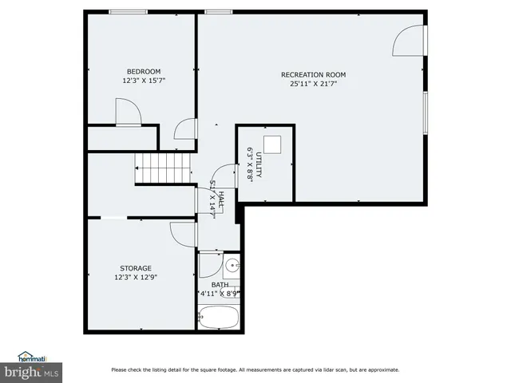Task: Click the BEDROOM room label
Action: [x=143, y=72]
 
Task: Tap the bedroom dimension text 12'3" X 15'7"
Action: [x=143, y=81]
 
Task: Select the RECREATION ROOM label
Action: [x=313, y=75]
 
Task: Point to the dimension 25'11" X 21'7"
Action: [x=313, y=84]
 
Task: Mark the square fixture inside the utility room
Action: [x=273, y=144]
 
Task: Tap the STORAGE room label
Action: [x=136, y=268]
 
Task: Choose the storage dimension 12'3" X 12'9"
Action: [x=136, y=277]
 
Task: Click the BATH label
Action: [x=220, y=284]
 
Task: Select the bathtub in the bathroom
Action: [x=219, y=317]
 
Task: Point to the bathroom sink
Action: [x=231, y=266]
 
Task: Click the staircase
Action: [x=163, y=168]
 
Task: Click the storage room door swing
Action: [x=183, y=234]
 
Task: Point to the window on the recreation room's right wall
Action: [x=425, y=113]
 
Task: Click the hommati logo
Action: [x=32, y=357]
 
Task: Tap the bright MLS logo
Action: [x=32, y=372]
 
